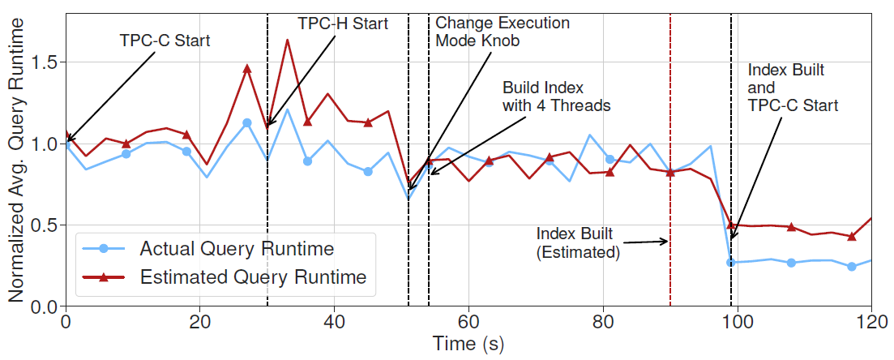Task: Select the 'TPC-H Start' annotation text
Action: [x=343, y=24]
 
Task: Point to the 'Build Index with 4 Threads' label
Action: [x=556, y=96]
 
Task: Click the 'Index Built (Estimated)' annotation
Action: [x=578, y=242]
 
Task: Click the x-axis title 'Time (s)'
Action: [x=468, y=344]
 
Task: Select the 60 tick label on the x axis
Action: [x=468, y=322]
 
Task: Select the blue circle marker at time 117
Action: [x=851, y=267]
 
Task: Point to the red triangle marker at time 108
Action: [x=791, y=227]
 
